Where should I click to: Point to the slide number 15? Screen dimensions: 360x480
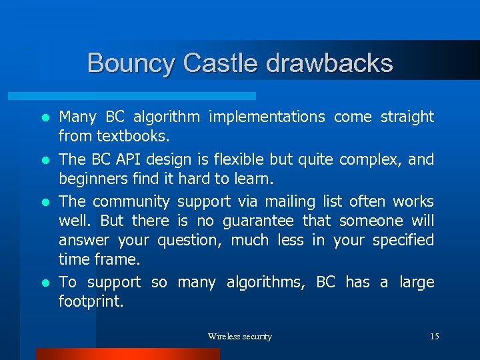point(434,337)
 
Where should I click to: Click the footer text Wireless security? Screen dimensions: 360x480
point(239,337)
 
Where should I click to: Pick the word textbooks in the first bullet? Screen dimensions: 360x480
point(133,137)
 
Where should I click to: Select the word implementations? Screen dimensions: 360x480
point(267,117)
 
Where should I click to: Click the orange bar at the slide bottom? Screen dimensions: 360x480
point(127,354)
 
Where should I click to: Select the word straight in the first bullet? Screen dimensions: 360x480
point(407,117)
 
